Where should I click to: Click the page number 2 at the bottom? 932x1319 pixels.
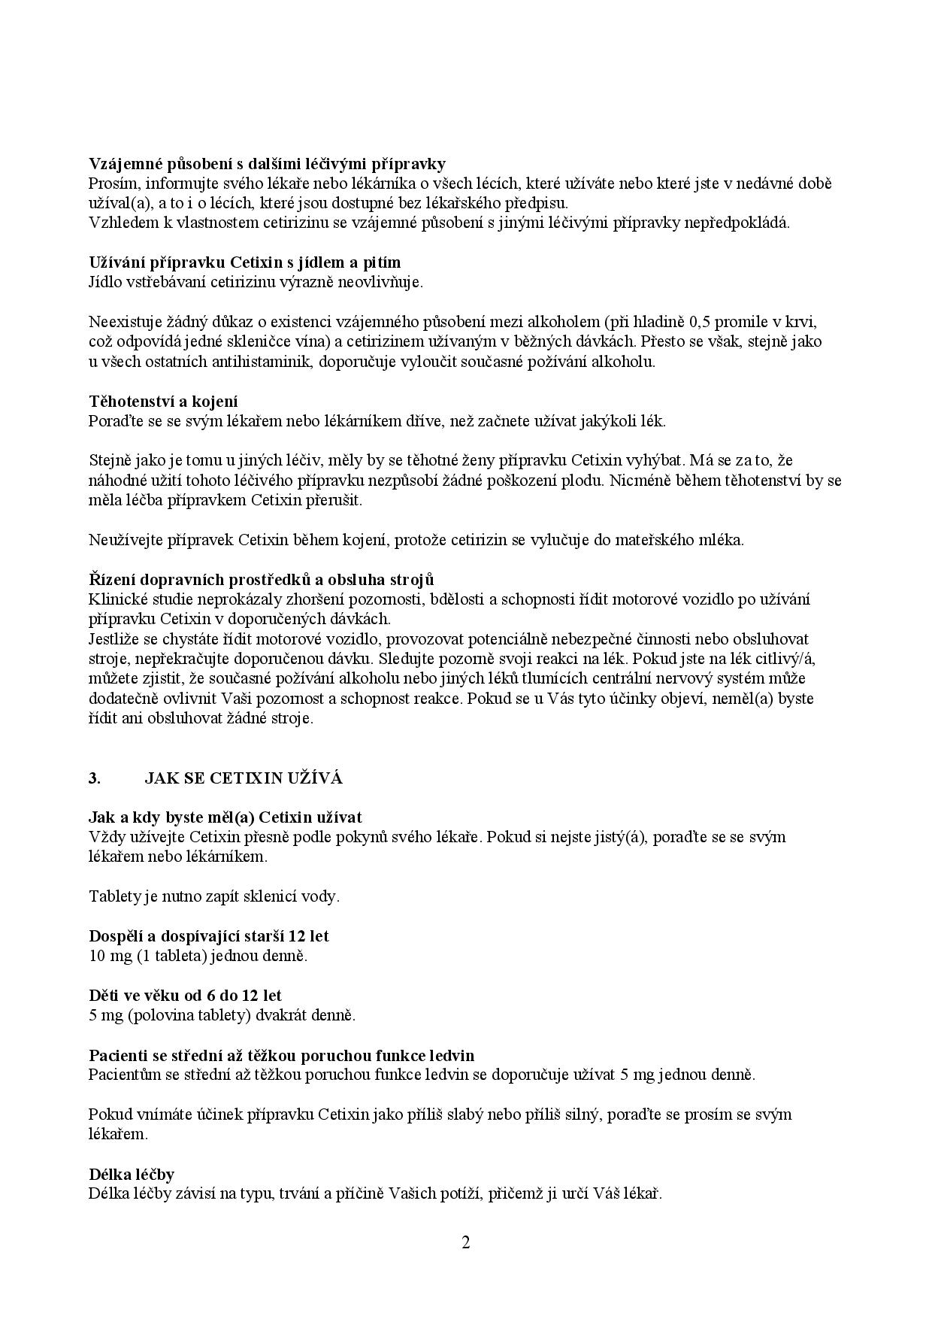click(465, 1242)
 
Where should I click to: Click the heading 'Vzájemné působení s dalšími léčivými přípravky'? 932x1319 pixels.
click(267, 164)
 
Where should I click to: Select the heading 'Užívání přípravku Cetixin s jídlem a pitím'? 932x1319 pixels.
click(244, 262)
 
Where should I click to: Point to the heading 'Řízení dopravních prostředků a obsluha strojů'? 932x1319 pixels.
click(261, 580)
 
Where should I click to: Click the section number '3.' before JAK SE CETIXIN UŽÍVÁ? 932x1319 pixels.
click(95, 778)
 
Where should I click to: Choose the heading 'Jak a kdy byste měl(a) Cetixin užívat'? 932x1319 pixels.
click(225, 817)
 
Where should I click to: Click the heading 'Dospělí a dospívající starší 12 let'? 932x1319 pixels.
click(208, 936)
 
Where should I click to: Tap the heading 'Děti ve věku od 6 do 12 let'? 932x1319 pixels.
click(185, 996)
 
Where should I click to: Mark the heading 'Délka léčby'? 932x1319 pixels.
click(132, 1174)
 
